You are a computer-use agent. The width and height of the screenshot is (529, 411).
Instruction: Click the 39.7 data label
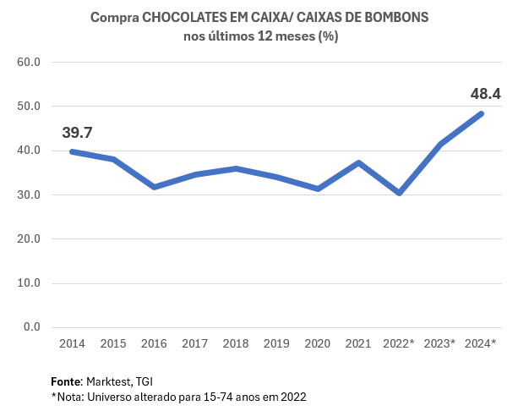pos(77,132)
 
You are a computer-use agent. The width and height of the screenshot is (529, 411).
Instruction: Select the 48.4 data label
pos(486,94)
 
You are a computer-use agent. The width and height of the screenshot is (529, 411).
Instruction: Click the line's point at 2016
pos(154,187)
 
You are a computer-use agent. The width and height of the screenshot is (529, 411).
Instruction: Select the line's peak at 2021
pos(358,162)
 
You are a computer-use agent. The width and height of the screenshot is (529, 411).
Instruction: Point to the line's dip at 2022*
pos(399,193)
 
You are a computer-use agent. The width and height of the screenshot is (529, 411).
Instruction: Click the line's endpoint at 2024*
pos(481,113)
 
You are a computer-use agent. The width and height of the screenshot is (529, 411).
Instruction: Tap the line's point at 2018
pos(236,168)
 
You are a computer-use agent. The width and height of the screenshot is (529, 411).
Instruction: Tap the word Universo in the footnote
pos(113,396)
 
